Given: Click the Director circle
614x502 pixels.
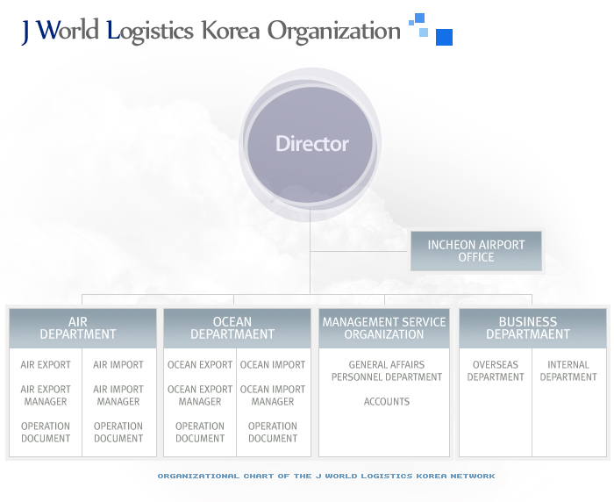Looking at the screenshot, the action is coord(311,143).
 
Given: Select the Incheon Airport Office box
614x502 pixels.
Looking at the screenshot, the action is coord(476,251).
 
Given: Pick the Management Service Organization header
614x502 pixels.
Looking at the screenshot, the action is coord(384,328).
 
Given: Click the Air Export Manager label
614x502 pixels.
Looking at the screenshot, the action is coord(46,396).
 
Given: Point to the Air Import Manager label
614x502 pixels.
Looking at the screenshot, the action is coord(118,396).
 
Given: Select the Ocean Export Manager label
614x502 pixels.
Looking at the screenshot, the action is coord(200,396).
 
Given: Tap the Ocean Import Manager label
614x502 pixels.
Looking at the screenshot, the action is coord(273,396).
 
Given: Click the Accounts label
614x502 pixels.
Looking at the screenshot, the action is coord(387,402).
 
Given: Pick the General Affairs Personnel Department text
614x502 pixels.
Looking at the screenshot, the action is coord(387,370).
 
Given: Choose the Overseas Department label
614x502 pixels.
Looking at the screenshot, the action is coord(496,370).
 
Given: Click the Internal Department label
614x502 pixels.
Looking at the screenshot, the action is coord(568,370).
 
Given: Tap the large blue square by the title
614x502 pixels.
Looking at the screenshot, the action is coord(444,37).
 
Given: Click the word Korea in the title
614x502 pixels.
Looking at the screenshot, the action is coord(231,31).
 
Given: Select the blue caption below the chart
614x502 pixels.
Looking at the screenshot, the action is coord(326,477).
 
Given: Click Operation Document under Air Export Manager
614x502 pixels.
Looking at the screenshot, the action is coord(46,433).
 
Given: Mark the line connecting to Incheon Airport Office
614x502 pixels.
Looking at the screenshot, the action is coord(359,251).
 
